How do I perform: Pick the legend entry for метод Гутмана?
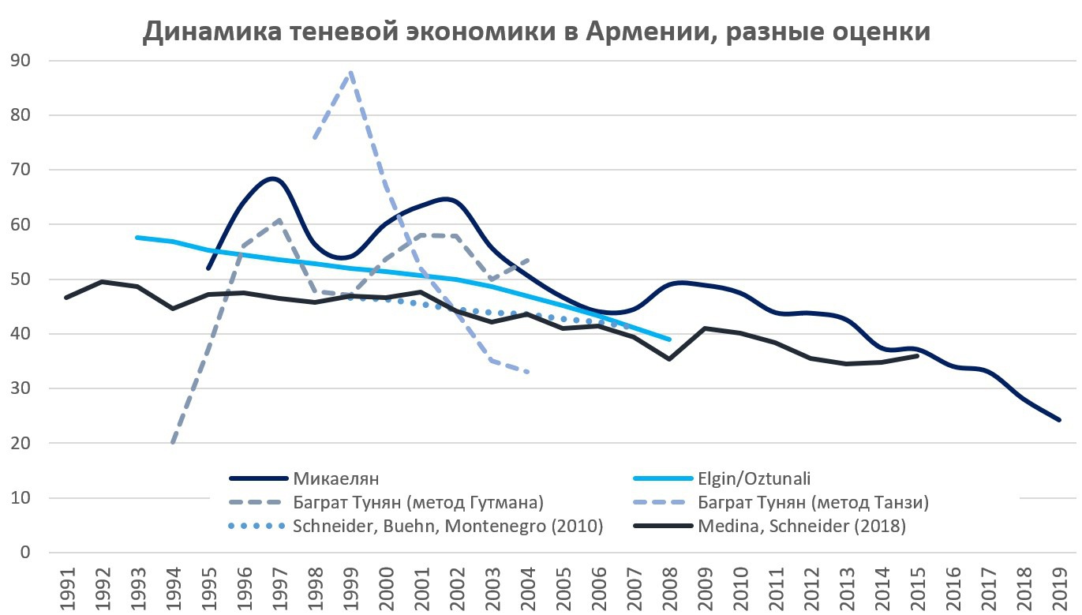click(x=417, y=502)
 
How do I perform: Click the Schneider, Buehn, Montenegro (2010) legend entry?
click(x=447, y=527)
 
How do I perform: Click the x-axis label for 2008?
click(x=669, y=587)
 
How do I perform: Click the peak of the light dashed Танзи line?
click(x=350, y=72)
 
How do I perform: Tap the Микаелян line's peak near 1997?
click(x=273, y=178)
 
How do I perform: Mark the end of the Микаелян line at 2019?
click(x=1059, y=420)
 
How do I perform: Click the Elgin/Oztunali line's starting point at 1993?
click(x=137, y=237)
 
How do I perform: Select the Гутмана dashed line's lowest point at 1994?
click(x=172, y=443)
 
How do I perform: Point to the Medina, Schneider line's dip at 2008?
click(x=669, y=358)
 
